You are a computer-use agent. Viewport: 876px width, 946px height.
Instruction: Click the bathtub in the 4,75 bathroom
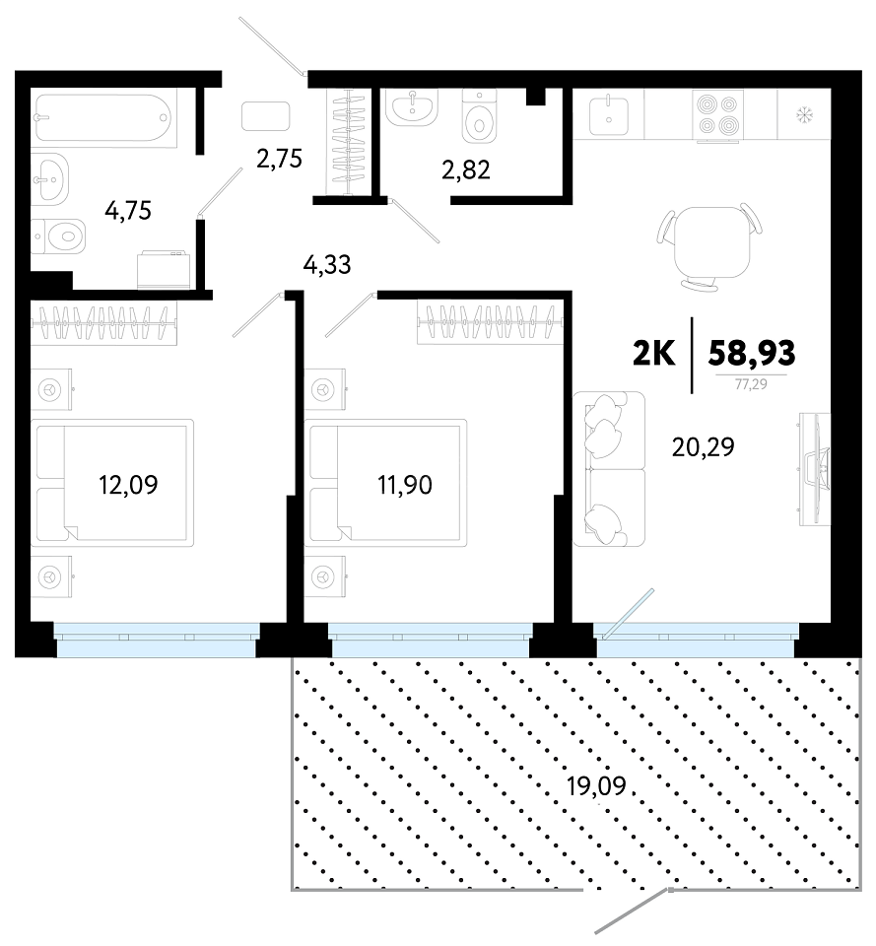104,117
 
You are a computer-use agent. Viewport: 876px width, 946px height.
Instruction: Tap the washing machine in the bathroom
165,270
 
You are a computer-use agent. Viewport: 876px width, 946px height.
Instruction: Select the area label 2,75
279,159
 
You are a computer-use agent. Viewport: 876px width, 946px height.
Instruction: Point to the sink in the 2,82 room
412,107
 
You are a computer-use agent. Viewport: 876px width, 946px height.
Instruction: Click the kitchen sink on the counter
609,115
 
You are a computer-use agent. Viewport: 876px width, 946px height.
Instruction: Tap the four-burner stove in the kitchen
718,115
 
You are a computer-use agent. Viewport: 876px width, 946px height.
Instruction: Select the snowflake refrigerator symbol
804,113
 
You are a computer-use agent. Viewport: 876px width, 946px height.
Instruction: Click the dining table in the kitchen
709,245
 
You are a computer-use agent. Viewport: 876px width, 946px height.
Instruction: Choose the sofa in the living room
609,469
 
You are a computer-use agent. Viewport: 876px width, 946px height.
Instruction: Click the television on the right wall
815,469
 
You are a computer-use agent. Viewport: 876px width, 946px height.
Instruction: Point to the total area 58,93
752,353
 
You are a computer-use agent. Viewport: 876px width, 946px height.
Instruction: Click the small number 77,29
751,383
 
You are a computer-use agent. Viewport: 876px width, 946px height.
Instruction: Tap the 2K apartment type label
654,354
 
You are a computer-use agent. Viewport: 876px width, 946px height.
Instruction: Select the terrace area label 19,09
597,786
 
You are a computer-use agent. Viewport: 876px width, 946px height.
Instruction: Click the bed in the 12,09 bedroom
112,483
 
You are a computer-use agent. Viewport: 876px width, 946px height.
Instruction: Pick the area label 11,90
405,485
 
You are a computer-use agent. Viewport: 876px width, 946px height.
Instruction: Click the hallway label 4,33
327,265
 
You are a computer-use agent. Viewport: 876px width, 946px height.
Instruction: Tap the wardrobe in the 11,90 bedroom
490,322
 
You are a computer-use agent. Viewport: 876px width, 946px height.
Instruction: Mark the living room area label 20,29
703,447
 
